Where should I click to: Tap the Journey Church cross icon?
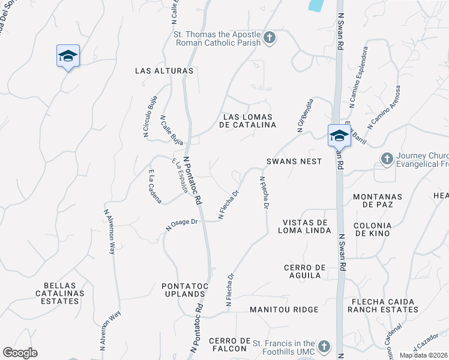387,158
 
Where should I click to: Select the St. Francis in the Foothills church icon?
324,346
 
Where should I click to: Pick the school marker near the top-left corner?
68,56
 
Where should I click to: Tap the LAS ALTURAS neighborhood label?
164,71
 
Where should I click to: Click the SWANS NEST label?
295,161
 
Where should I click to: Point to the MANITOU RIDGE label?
284,310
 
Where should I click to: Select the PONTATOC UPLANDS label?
184,290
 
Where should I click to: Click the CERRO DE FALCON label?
228,344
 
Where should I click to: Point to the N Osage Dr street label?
182,224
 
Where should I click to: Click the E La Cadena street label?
154,186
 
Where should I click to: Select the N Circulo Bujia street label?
150,117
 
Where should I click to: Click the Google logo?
20,353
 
